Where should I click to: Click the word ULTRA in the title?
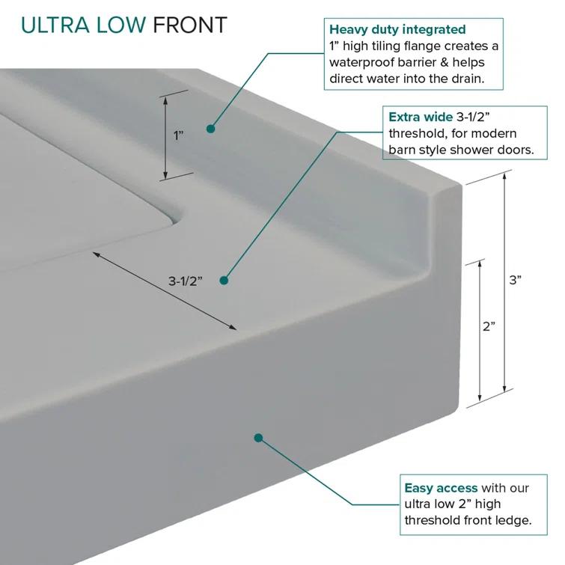tap(52, 25)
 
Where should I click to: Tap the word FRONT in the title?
tap(189, 25)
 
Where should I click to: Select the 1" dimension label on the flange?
tap(179, 136)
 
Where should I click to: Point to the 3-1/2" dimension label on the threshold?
tap(185, 281)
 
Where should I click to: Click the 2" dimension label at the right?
tap(489, 326)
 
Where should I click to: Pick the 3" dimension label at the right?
tap(515, 280)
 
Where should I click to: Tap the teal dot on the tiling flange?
tap(211, 129)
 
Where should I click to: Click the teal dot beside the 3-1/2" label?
tap(223, 281)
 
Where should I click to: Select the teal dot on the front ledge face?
tap(258, 437)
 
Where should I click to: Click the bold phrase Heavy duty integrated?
tap(397, 30)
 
